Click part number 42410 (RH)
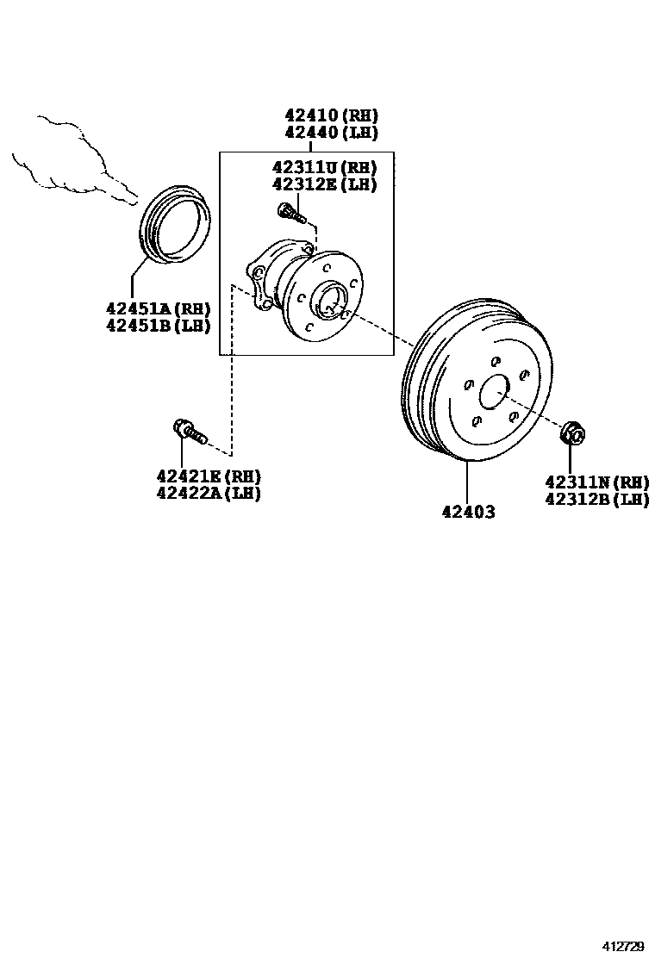332,115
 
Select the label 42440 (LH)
332,133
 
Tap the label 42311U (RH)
324,167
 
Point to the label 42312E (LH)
324,184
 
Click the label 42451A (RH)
158,308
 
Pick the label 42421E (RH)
209,476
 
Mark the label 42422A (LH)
209,493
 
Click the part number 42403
468,512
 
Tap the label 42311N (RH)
596,482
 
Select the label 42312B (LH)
596,499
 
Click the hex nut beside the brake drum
572,432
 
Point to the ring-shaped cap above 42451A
175,221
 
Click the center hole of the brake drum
495,393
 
